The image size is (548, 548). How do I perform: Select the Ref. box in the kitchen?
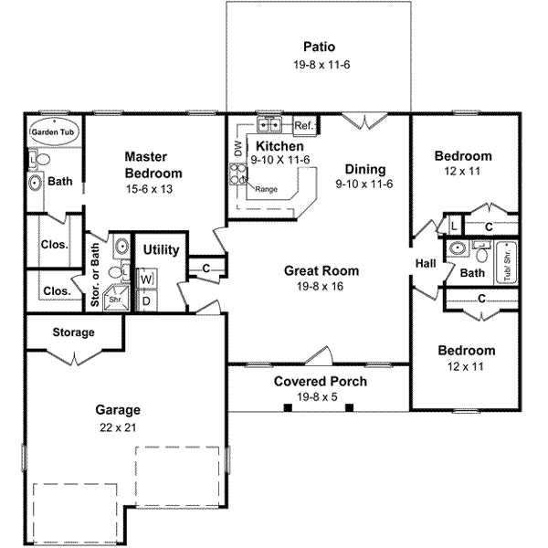pos(304,125)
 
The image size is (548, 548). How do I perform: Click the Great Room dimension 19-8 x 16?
pos(321,286)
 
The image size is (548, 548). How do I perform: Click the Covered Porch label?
pos(321,381)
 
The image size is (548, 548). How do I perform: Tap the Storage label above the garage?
pos(73,332)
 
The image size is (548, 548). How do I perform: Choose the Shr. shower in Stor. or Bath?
pos(116,298)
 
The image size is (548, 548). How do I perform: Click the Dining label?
pos(365,169)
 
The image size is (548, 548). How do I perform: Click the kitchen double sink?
pos(270,125)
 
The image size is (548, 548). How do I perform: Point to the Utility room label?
pos(161,250)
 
